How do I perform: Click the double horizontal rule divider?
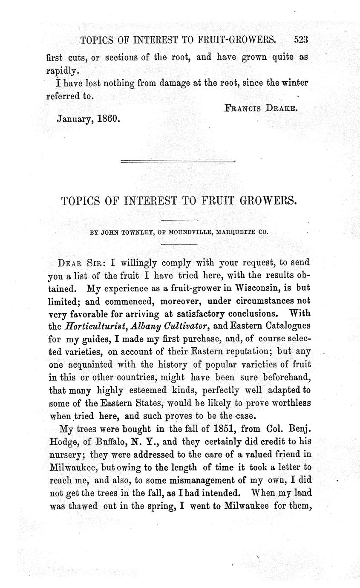point(178,161)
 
